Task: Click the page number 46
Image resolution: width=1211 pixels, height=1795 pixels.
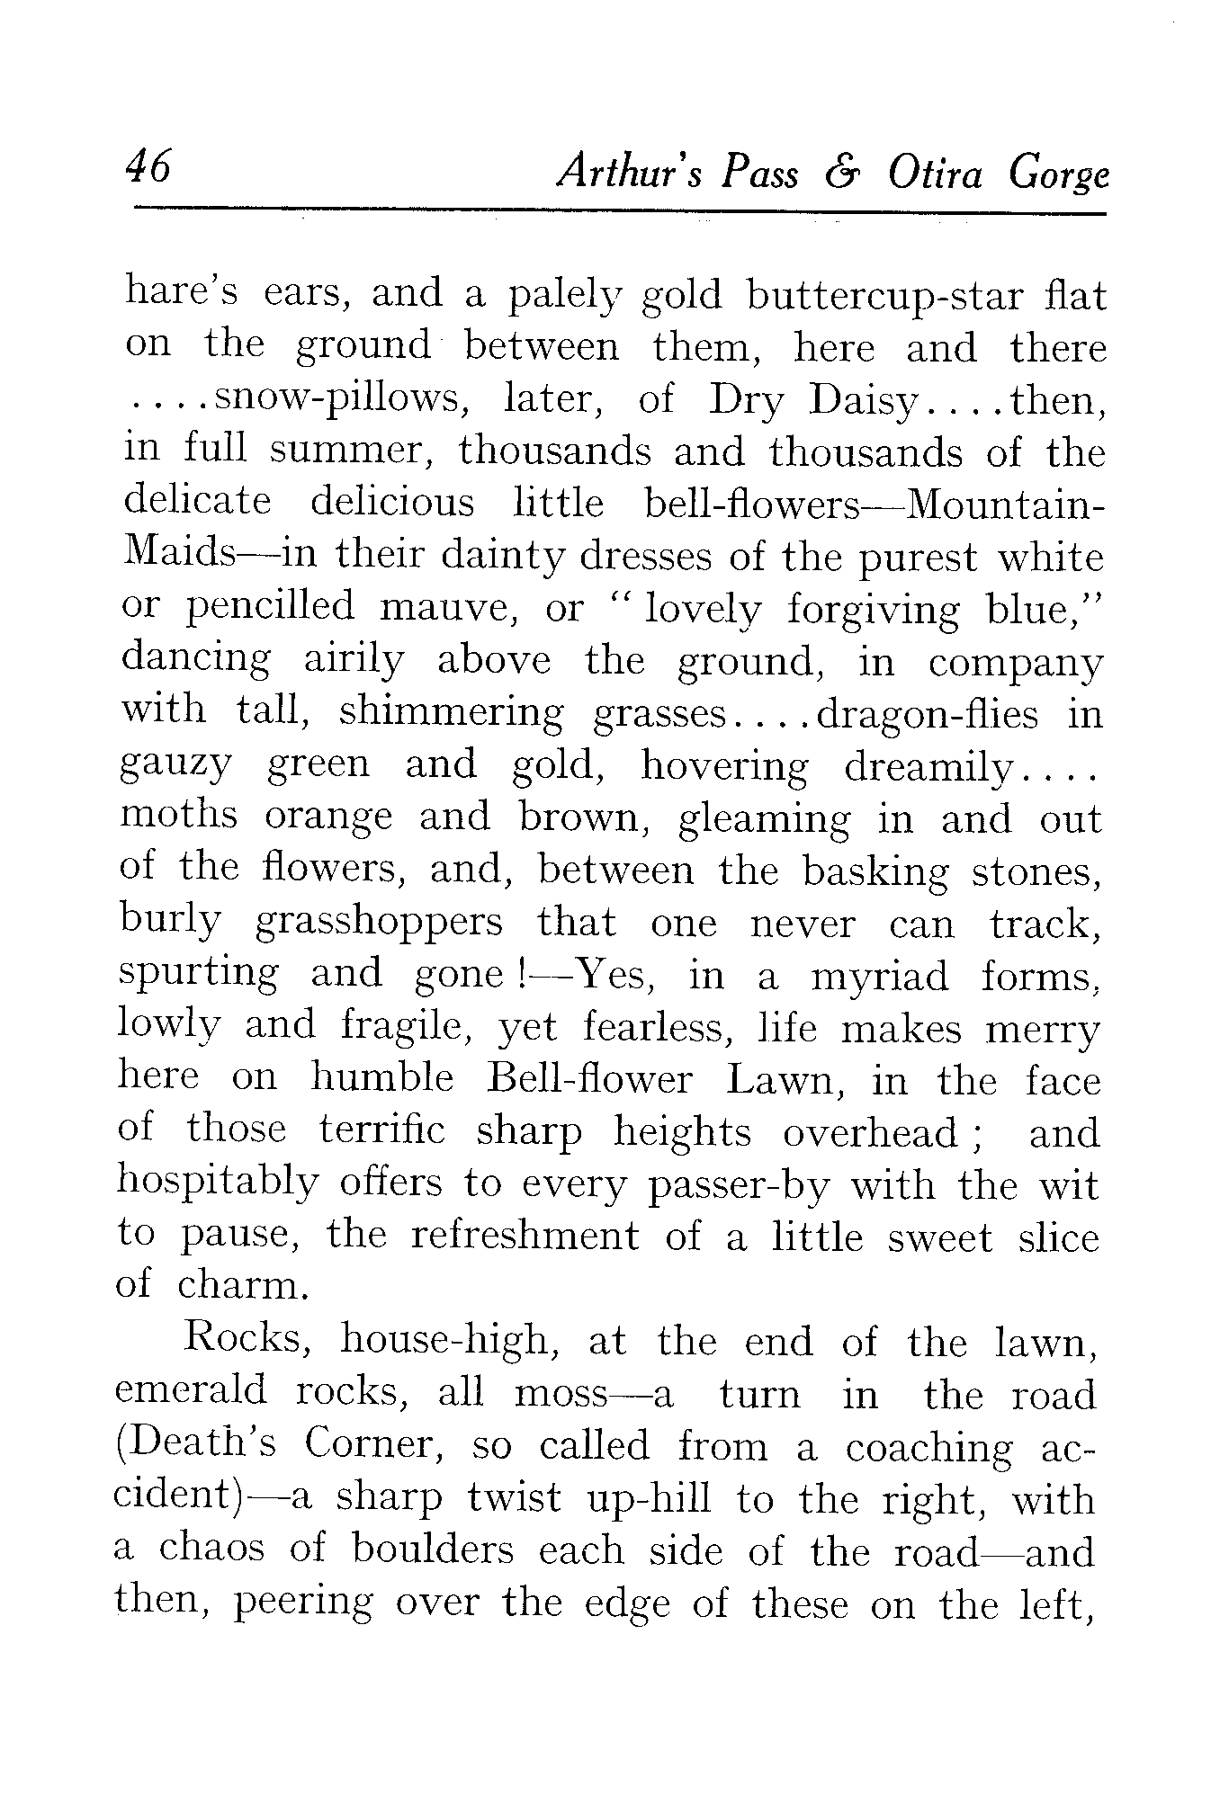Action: (x=148, y=167)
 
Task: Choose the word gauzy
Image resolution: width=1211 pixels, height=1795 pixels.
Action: (x=176, y=767)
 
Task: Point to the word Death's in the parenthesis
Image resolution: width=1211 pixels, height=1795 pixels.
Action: (x=200, y=1444)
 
